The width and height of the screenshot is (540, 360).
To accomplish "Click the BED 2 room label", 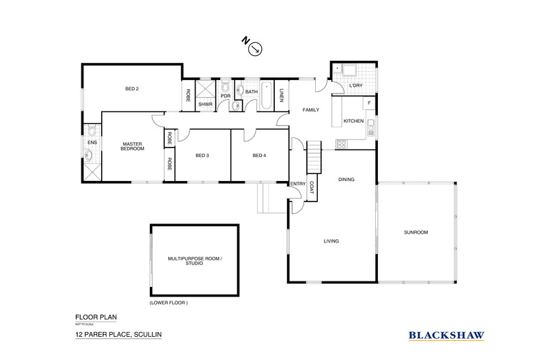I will click(x=133, y=89).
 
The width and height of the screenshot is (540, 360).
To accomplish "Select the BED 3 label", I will click(x=202, y=156).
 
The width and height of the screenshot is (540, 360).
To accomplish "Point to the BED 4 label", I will click(x=258, y=156).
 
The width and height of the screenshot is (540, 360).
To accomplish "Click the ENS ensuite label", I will click(x=91, y=142).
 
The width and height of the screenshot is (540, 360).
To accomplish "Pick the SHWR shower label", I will click(x=205, y=104).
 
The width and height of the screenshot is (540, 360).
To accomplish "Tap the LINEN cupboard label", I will click(x=282, y=95).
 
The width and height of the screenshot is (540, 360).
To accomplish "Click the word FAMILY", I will click(x=311, y=109).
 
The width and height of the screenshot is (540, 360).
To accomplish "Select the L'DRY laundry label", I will click(x=355, y=85).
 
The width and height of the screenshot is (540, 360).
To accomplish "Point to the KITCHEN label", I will click(x=353, y=120).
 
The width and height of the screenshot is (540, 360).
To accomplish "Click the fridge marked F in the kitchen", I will click(x=369, y=103).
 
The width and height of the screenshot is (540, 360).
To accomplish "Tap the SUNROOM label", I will click(x=416, y=232).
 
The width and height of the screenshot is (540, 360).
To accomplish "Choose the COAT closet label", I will click(x=311, y=186).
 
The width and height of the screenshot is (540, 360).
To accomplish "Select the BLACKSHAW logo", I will click(x=446, y=335).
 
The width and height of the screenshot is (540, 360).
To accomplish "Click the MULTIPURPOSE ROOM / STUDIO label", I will click(x=195, y=260).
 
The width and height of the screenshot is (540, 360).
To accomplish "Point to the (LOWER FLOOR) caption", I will click(x=168, y=302).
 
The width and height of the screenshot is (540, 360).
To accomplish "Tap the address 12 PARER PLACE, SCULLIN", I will click(x=118, y=335).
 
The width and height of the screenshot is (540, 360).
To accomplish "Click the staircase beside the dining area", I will click(x=313, y=158).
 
